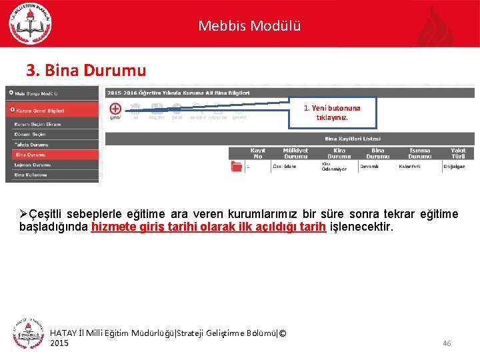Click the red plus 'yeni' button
coord(115,108)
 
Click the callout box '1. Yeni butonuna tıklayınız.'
coord(332,112)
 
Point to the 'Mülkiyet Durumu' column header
coord(295,153)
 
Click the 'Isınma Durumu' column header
coord(419,153)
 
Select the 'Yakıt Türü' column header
coord(457,153)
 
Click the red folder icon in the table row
coord(236,167)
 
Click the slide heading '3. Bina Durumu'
coord(85,70)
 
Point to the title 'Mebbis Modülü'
coord(249,26)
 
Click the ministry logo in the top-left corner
coord(30,23)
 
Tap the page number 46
coord(447,343)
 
